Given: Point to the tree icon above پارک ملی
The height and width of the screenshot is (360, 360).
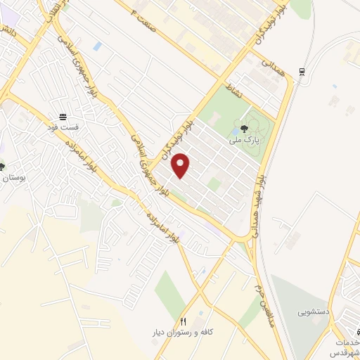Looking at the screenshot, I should click(x=243, y=128).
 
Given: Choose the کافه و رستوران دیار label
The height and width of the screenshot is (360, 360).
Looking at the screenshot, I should click(x=181, y=330).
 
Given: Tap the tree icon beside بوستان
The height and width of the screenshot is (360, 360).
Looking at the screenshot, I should click(x=2, y=167).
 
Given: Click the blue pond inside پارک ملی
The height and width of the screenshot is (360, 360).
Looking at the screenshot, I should click(x=234, y=129).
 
